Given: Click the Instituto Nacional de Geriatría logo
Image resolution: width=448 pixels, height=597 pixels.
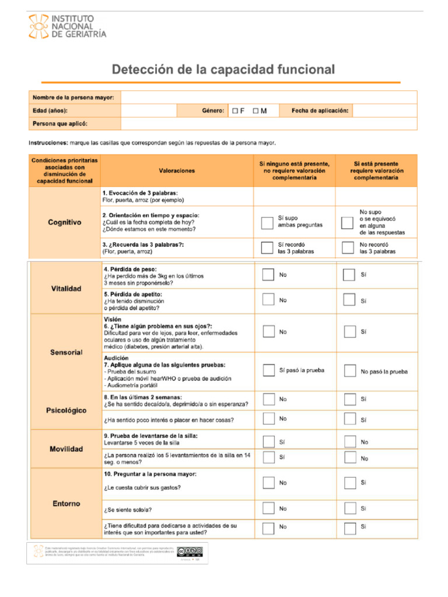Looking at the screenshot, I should [68, 27].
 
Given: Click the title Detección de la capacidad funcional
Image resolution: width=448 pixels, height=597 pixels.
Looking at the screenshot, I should [223, 70].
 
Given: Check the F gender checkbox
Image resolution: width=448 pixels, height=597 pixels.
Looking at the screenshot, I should [235, 111].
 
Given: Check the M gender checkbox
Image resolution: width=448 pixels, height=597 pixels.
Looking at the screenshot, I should [256, 111].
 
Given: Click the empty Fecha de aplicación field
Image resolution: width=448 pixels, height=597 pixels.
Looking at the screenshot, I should [384, 111].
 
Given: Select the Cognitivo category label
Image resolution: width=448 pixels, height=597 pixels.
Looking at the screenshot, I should [64, 222].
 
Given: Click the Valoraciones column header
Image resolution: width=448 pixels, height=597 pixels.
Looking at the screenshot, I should [177, 171].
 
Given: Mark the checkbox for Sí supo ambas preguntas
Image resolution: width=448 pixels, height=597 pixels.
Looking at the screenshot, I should [267, 222].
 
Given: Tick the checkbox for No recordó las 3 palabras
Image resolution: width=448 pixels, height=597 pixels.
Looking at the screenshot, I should [348, 248].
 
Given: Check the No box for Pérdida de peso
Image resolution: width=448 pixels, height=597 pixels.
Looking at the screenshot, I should [268, 275].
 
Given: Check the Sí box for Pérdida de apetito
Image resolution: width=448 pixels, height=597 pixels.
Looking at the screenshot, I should [349, 300].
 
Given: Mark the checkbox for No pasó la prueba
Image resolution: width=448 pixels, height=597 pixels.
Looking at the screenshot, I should [349, 371].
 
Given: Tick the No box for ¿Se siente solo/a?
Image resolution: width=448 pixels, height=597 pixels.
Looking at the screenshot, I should [268, 509].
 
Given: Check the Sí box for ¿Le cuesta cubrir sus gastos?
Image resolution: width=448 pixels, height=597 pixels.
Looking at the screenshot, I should [349, 483].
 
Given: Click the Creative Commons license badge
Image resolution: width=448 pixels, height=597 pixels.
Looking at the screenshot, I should [190, 552].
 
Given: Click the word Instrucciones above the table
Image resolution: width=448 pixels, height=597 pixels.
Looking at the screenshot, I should [48, 143].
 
